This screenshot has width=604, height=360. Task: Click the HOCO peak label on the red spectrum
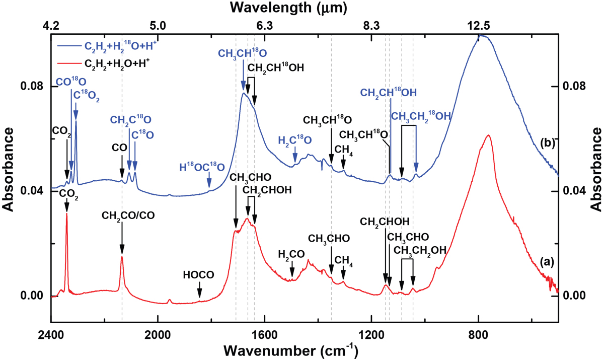tap(199, 274)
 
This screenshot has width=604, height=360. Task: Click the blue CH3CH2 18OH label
tap(421, 116)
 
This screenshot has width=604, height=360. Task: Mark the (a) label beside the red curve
tap(547, 261)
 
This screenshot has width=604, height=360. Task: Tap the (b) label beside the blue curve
tap(547, 143)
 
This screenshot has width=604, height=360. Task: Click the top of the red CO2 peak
tap(67, 242)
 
